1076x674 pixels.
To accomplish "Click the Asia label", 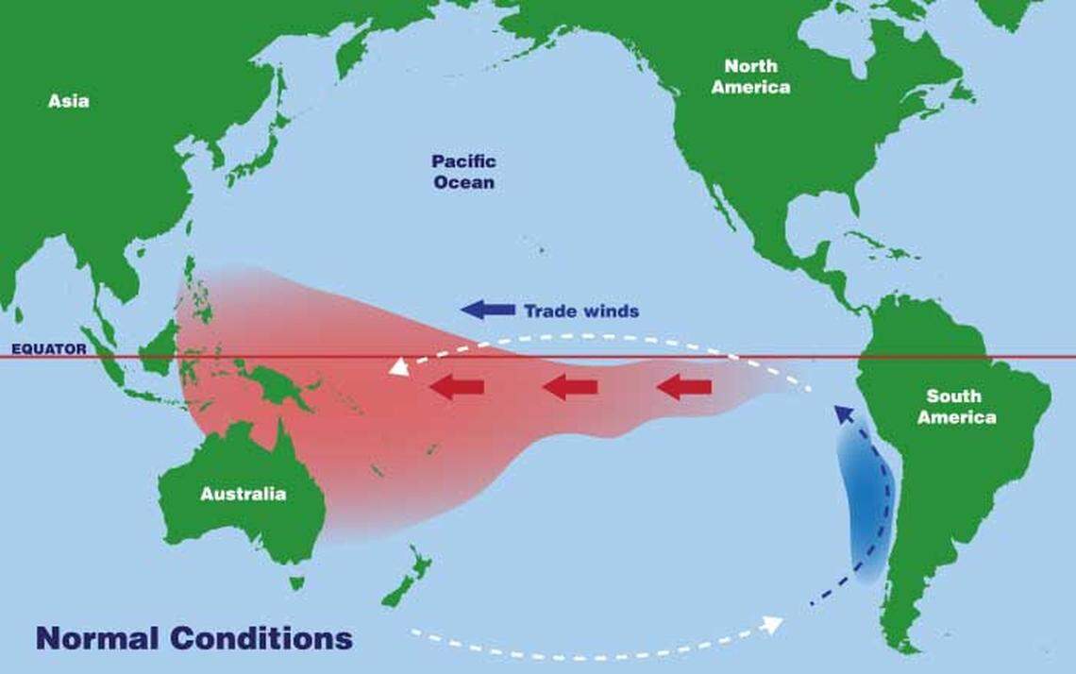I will click(69, 100).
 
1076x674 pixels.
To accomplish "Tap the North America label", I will click(750, 76).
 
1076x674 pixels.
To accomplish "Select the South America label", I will click(956, 406).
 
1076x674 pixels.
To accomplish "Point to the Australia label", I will click(243, 494).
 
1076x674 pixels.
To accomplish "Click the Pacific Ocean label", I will click(463, 172).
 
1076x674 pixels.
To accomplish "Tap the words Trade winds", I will click(581, 311).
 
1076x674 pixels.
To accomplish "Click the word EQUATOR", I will click(48, 349).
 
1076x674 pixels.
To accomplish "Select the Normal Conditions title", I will click(194, 637).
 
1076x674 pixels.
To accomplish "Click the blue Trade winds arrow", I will click(487, 310).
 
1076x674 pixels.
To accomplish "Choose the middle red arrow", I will click(570, 386).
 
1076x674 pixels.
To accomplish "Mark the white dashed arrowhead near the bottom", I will click(772, 624).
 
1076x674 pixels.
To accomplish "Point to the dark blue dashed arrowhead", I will click(843, 414).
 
